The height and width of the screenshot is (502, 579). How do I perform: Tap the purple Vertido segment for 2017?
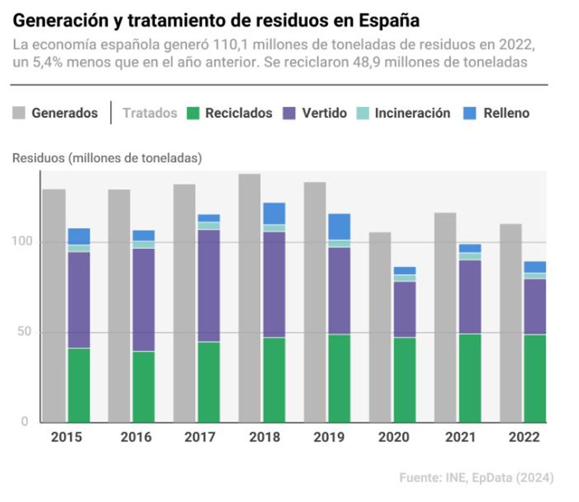coord(209,285)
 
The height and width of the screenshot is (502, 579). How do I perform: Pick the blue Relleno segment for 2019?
coord(339,227)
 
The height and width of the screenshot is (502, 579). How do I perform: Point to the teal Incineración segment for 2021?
coord(469,256)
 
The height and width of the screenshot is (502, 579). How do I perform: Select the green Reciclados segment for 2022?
coord(535,378)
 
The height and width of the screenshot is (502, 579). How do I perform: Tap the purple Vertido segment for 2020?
coord(404,309)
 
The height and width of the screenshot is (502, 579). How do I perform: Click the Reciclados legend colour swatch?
coord(193,113)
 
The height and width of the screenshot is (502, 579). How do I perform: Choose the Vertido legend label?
coord(324,113)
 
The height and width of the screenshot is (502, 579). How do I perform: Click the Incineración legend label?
coord(412,113)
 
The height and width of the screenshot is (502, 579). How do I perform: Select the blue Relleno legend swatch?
coord(469,113)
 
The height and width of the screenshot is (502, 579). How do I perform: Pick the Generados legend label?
coord(65,113)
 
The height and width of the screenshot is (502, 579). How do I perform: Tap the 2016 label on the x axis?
coord(136,437)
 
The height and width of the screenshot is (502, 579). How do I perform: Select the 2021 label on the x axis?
coord(460,437)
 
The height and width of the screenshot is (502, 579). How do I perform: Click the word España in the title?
coord(389,21)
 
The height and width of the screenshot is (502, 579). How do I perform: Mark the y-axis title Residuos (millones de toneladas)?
coord(107,158)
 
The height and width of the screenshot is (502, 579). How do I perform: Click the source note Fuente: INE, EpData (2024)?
coord(476,478)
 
